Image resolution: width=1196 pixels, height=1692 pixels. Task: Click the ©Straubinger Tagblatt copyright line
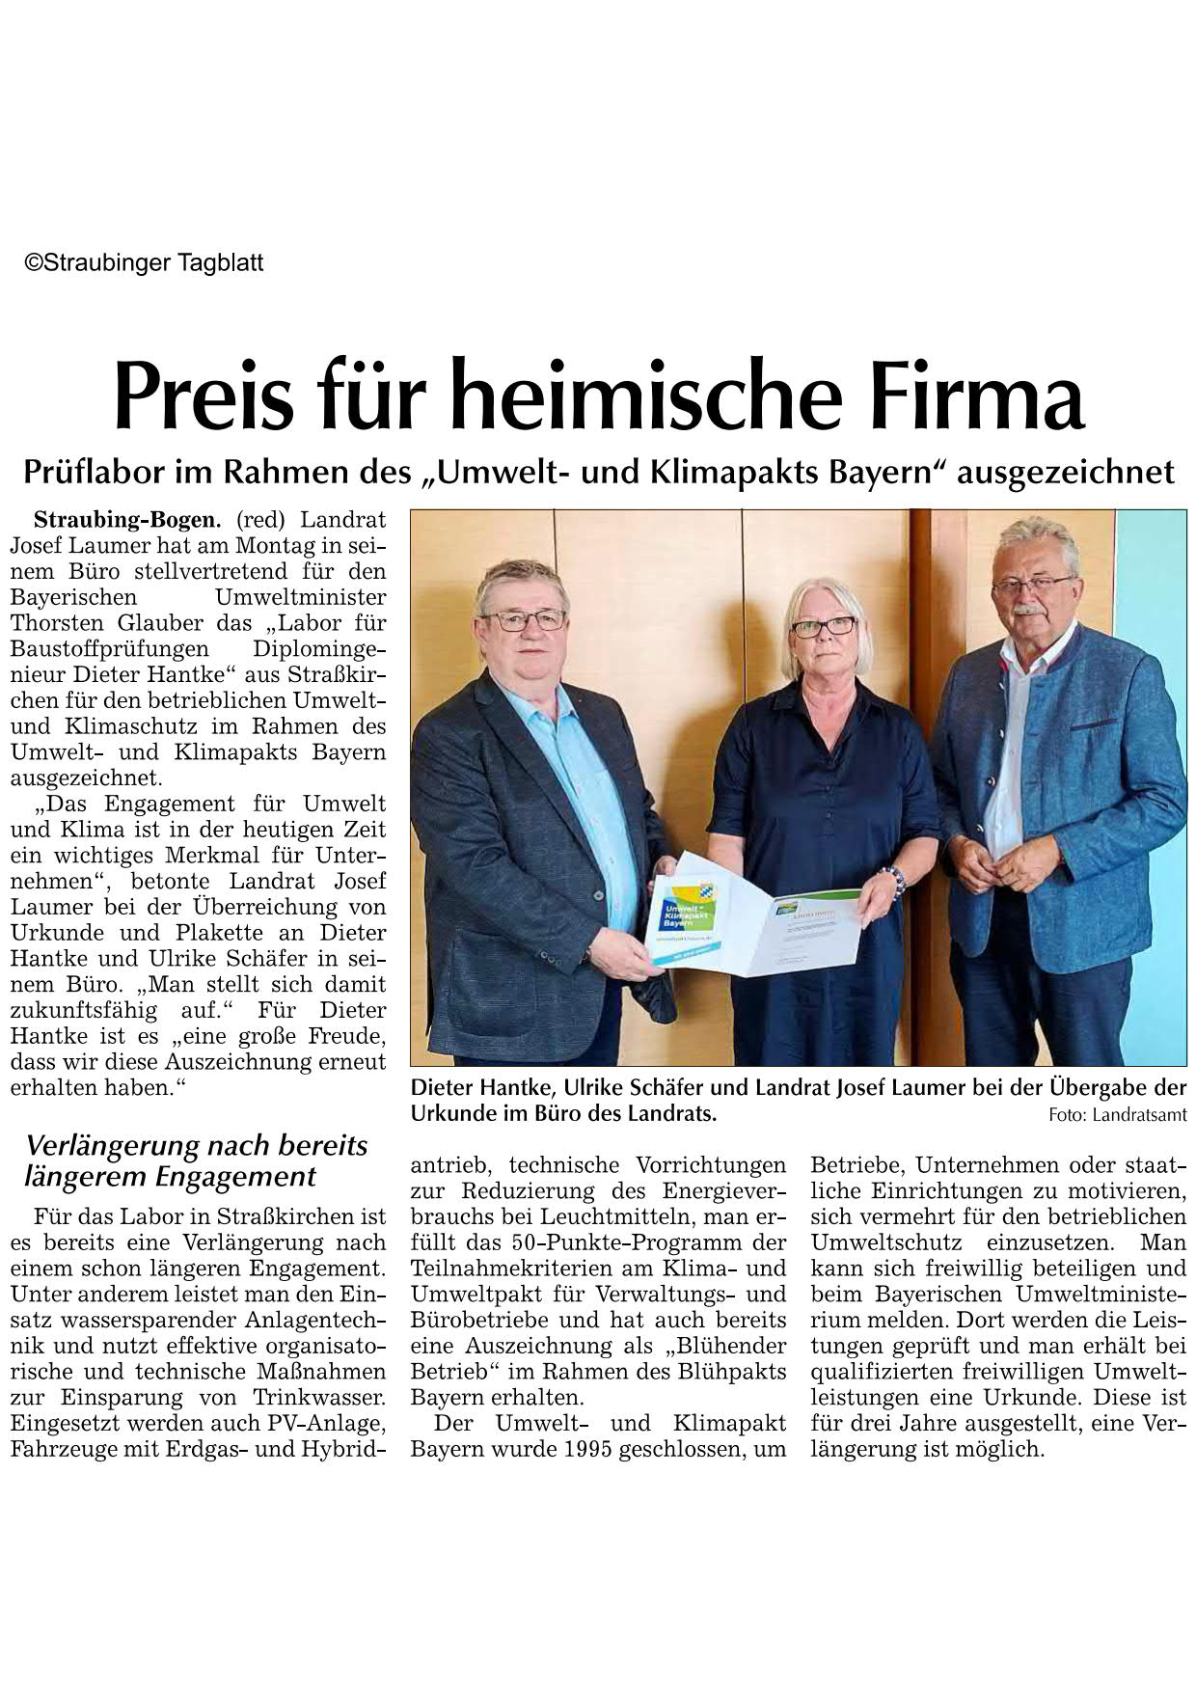tap(144, 262)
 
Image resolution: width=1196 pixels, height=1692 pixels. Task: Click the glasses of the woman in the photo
tap(823, 626)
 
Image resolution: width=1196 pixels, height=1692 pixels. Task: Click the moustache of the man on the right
tap(1031, 611)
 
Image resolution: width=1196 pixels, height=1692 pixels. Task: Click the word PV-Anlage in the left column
tap(332, 1423)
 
